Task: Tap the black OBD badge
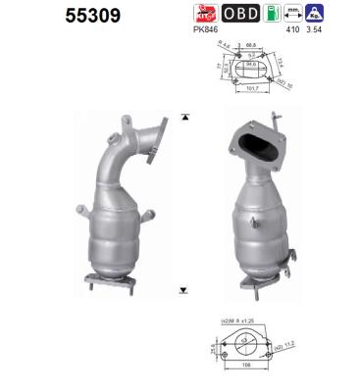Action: click(x=240, y=14)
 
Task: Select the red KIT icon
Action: click(x=204, y=14)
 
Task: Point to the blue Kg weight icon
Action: click(x=340, y=14)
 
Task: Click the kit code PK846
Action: click(x=205, y=30)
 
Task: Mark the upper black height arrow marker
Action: click(x=183, y=117)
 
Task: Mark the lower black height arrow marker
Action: click(x=183, y=289)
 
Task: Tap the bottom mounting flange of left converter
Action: click(x=109, y=283)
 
